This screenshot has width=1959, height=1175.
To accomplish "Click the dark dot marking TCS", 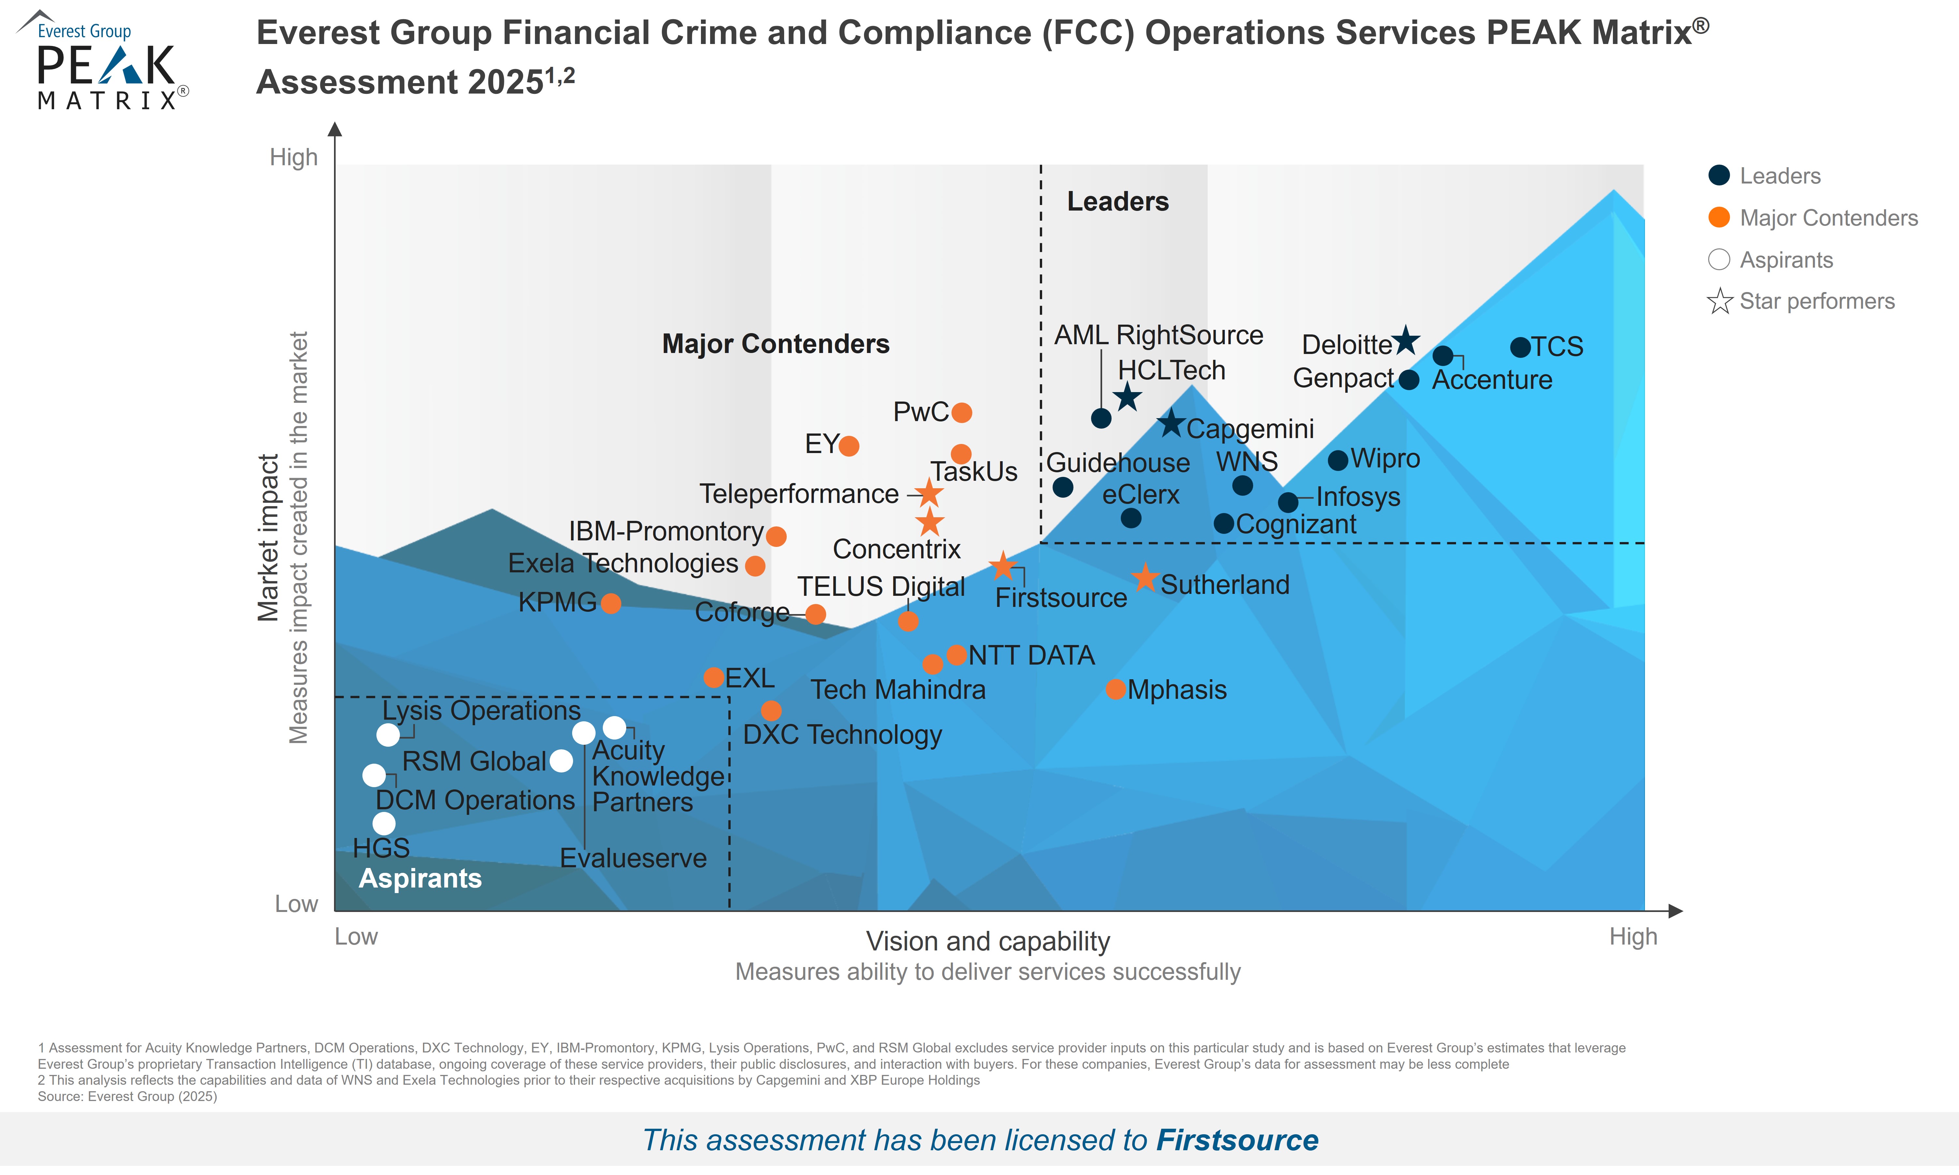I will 1519,347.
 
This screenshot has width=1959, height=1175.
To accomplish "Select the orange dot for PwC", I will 962,413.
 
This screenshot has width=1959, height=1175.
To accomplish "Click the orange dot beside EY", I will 848,446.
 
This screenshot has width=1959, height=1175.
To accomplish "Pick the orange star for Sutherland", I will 1145,578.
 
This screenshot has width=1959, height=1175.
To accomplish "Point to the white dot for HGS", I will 384,823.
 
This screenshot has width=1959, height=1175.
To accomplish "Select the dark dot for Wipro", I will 1338,460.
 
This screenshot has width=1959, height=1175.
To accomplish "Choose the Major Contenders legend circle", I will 1719,218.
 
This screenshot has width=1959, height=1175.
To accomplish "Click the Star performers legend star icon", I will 1719,302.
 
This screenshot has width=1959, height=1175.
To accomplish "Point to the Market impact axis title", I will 268,538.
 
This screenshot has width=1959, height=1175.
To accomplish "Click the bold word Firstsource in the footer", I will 1238,1140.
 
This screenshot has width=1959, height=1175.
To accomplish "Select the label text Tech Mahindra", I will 898,690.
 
